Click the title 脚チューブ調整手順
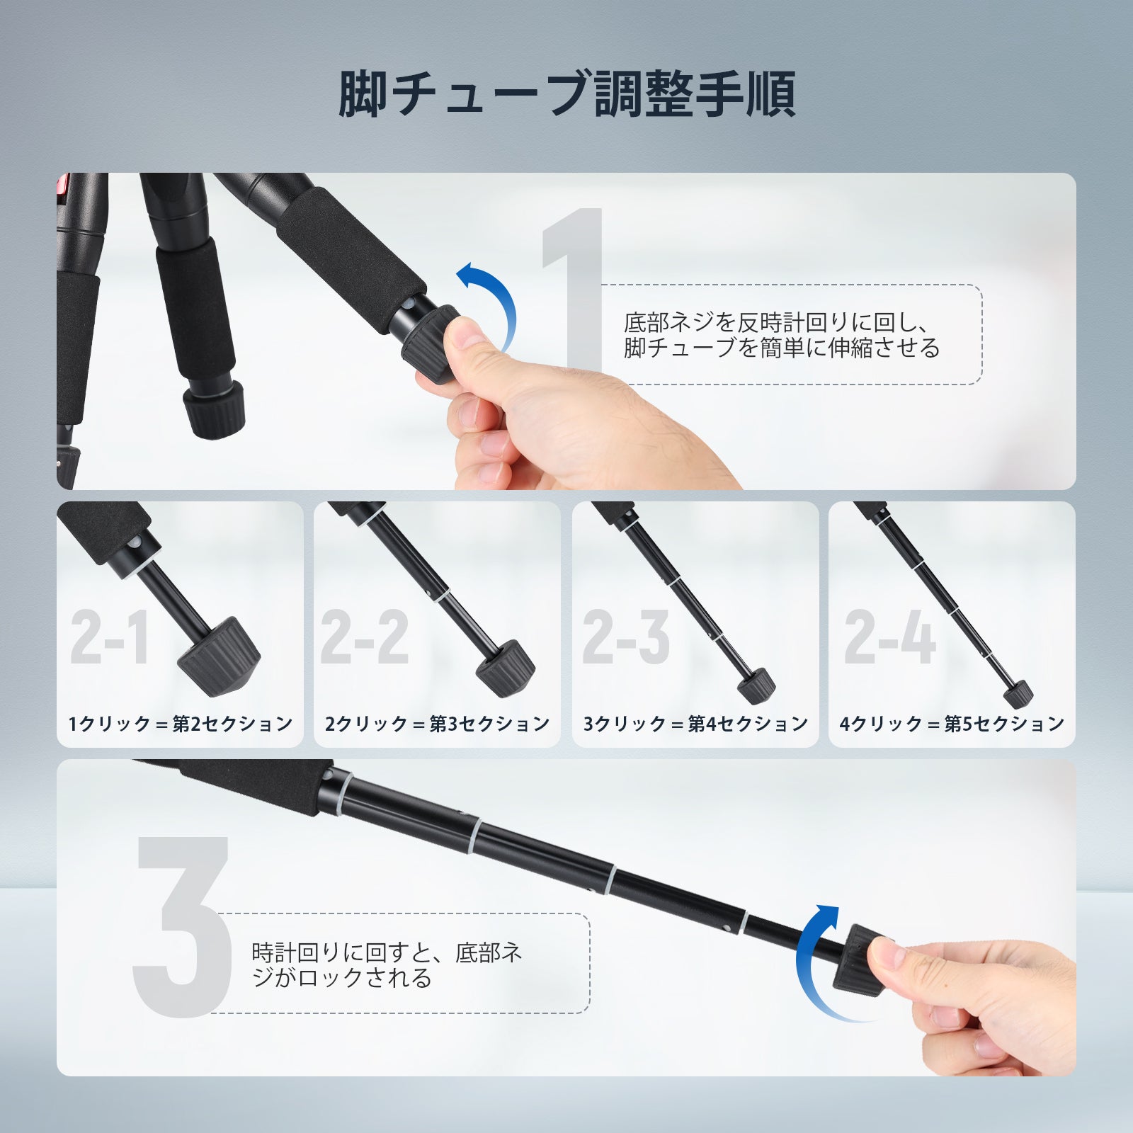[566, 94]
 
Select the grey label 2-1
[110, 638]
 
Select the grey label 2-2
[365, 637]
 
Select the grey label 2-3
[626, 637]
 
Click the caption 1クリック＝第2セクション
[181, 724]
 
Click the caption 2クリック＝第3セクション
[438, 724]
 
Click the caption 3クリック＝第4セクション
[696, 724]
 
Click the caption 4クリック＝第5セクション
[952, 724]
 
